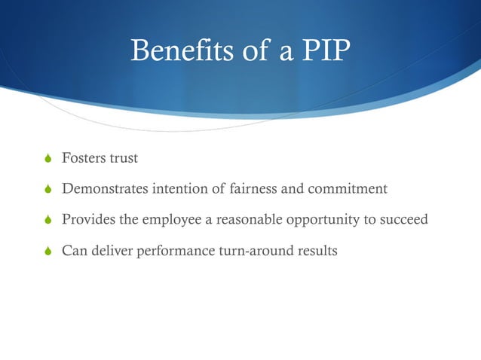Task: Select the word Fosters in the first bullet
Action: pyautogui.click(x=84, y=159)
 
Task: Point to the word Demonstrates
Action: pyautogui.click(x=105, y=189)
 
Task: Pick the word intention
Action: pyautogui.click(x=179, y=189)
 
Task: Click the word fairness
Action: pyautogui.click(x=254, y=189)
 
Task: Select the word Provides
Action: pyautogui.click(x=86, y=219)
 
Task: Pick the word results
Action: pyautogui.click(x=316, y=249)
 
